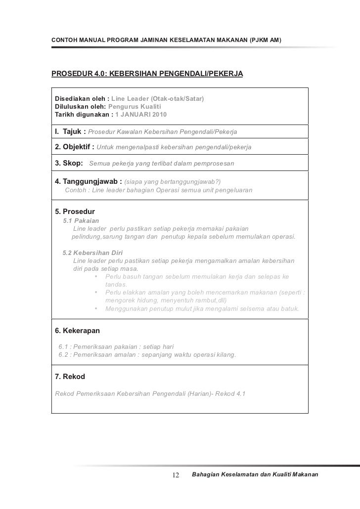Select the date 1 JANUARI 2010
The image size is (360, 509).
pyautogui.click(x=141, y=115)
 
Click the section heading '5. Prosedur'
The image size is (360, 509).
pyautogui.click(x=75, y=212)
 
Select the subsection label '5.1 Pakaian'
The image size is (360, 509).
pyautogui.click(x=81, y=220)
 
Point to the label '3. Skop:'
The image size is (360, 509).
pyautogui.click(x=69, y=163)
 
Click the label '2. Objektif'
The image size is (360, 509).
pyautogui.click(x=73, y=147)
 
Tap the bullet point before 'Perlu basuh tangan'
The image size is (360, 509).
pyautogui.click(x=95, y=276)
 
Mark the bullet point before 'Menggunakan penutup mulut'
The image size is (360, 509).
pyautogui.click(x=95, y=309)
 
